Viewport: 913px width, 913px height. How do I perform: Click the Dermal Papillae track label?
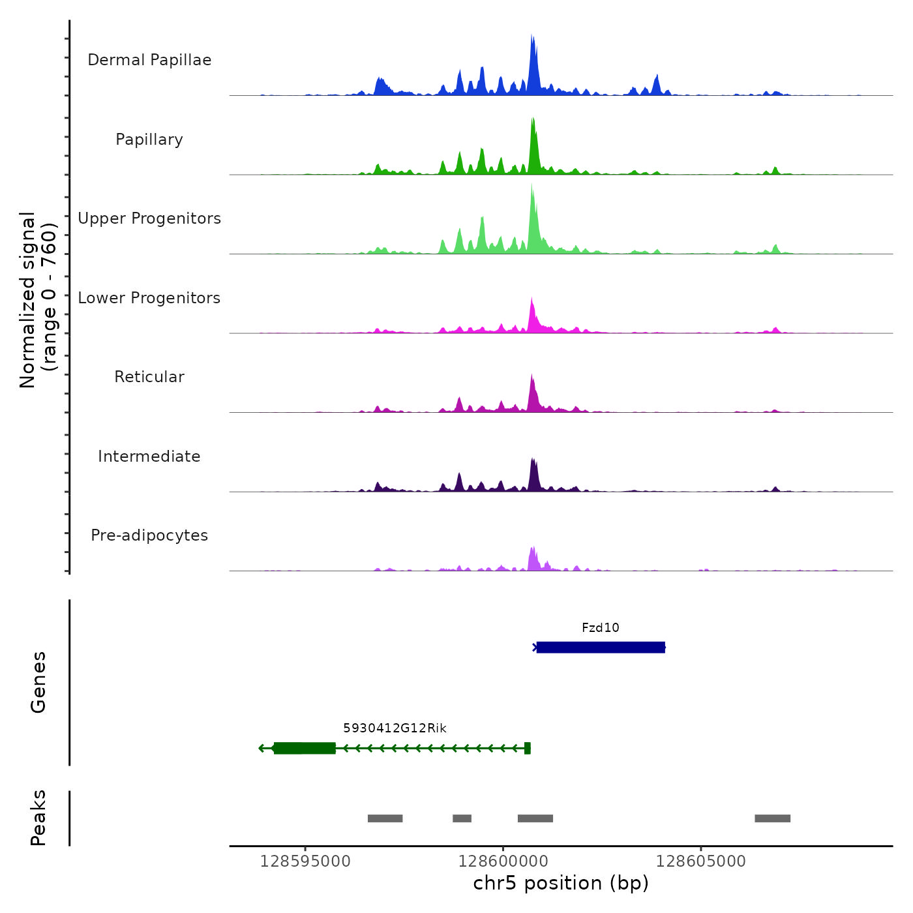tap(149, 60)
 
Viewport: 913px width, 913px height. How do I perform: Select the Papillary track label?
tap(149, 140)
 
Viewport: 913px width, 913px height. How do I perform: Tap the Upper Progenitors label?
tap(149, 218)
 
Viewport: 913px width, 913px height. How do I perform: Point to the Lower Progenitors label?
tap(149, 298)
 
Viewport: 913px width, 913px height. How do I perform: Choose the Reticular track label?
tap(149, 377)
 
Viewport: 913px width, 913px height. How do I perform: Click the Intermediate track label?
tap(149, 456)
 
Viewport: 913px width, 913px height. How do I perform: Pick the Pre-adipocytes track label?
tap(149, 535)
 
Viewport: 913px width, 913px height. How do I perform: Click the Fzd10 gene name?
tap(601, 628)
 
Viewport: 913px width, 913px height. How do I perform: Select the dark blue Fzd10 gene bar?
tap(601, 648)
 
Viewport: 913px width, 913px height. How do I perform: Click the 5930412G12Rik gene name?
tap(395, 728)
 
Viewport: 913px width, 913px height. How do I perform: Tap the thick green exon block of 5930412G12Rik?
tap(305, 748)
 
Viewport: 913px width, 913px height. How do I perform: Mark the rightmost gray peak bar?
tap(773, 818)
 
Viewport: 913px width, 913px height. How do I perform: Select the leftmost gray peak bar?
tap(385, 818)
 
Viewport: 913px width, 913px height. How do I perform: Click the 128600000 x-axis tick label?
tap(503, 861)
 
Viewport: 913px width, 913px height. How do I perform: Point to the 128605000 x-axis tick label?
tap(701, 861)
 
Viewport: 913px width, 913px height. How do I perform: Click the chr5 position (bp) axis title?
tap(561, 884)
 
